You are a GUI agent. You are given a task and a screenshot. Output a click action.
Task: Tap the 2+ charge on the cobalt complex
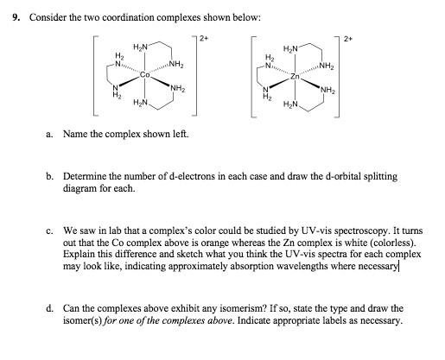tap(204, 38)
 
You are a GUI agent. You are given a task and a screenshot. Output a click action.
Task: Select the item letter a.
tap(49, 134)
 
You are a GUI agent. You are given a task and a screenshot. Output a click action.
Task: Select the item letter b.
tap(49, 175)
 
